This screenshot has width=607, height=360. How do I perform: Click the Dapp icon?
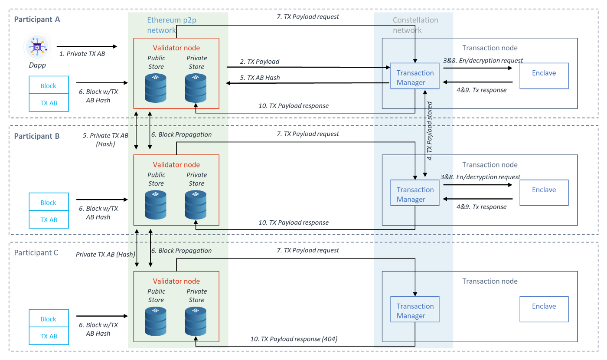click(x=37, y=47)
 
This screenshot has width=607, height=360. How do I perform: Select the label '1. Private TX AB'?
click(x=82, y=54)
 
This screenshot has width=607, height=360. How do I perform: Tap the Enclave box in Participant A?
click(x=544, y=73)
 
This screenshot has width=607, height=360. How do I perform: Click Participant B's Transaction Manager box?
click(x=415, y=194)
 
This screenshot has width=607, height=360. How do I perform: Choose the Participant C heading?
click(x=36, y=252)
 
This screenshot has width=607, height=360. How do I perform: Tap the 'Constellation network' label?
click(x=415, y=25)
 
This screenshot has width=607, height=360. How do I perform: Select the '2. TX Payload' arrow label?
click(x=260, y=62)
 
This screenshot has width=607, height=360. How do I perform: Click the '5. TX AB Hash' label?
click(x=260, y=78)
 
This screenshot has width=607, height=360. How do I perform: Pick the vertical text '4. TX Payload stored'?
click(x=430, y=131)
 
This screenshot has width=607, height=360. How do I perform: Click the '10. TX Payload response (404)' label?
click(x=294, y=339)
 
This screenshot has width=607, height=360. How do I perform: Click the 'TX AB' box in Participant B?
click(x=49, y=220)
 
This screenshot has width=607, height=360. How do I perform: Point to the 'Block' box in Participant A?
click(x=49, y=86)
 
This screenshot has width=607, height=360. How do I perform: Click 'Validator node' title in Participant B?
click(x=176, y=165)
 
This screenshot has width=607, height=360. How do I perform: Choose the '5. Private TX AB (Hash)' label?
click(x=105, y=140)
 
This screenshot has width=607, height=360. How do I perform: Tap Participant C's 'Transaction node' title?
click(x=490, y=281)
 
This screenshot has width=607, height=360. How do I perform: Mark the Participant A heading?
click(x=37, y=20)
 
